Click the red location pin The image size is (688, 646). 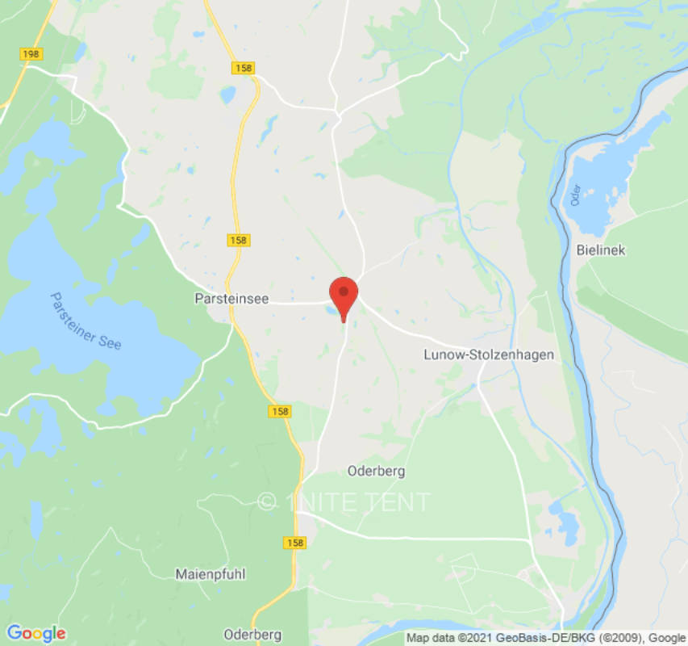tap(344, 296)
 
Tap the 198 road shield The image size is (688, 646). tap(31, 54)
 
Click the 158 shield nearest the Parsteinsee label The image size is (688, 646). tap(239, 240)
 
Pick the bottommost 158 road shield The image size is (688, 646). tap(295, 543)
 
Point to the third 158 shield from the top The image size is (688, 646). tap(280, 412)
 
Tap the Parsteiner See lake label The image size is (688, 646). tap(85, 321)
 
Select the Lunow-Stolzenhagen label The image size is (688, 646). tap(489, 354)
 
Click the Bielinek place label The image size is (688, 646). tap(601, 250)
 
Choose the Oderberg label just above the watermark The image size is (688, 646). tap(375, 471)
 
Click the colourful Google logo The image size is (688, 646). tap(35, 633)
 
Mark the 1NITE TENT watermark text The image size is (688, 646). tap(345, 502)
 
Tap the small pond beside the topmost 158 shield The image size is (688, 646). tap(228, 94)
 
